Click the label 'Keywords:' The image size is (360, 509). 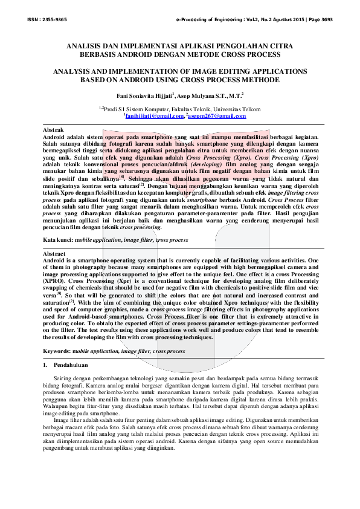57,351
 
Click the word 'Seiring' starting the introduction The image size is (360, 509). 63,378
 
